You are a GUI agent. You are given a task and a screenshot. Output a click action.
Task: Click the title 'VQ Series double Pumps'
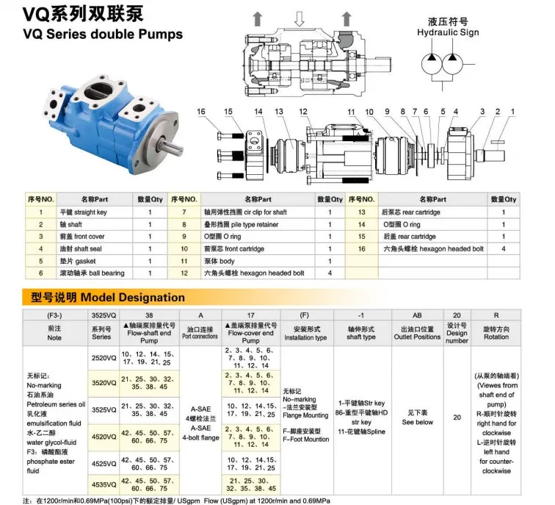tap(92, 35)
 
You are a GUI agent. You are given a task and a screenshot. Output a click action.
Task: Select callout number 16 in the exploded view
tap(202, 112)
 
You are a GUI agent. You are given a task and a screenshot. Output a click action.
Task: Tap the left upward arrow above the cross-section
tap(257, 18)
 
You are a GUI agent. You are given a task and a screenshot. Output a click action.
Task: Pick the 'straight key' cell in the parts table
tap(82, 212)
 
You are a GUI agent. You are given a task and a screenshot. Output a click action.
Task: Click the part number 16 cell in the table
tap(361, 249)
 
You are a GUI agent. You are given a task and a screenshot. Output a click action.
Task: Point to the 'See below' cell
tap(417, 417)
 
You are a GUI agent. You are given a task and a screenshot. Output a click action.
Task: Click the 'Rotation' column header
tap(496, 332)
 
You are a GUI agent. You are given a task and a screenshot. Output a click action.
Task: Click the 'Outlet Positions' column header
tap(417, 332)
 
